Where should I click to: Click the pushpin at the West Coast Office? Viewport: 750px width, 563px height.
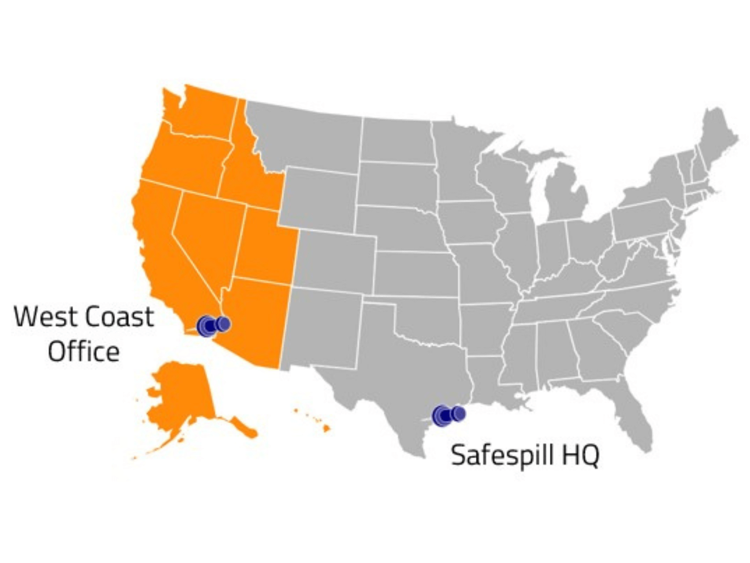pos(212,325)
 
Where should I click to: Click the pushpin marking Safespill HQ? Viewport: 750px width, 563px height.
pos(448,415)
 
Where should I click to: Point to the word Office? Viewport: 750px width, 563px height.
pos(83,351)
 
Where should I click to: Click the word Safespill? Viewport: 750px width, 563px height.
pos(499,455)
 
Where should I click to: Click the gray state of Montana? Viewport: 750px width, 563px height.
pos(305,136)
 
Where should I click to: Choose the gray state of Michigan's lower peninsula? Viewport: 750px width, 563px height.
pos(567,197)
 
